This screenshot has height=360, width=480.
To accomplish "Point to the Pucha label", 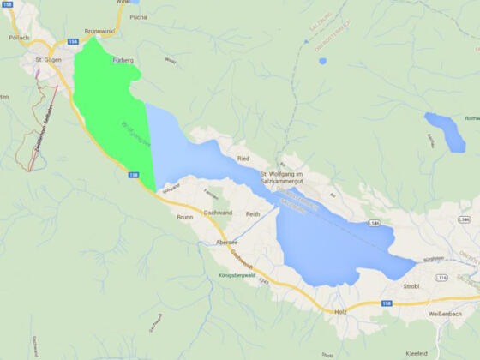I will click(137, 16).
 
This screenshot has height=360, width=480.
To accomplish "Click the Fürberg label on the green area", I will click(123, 60).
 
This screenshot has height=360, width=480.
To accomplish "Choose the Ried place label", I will click(243, 159).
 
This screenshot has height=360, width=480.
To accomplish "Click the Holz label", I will click(340, 312).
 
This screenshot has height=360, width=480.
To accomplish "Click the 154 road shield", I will click(71, 41).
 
